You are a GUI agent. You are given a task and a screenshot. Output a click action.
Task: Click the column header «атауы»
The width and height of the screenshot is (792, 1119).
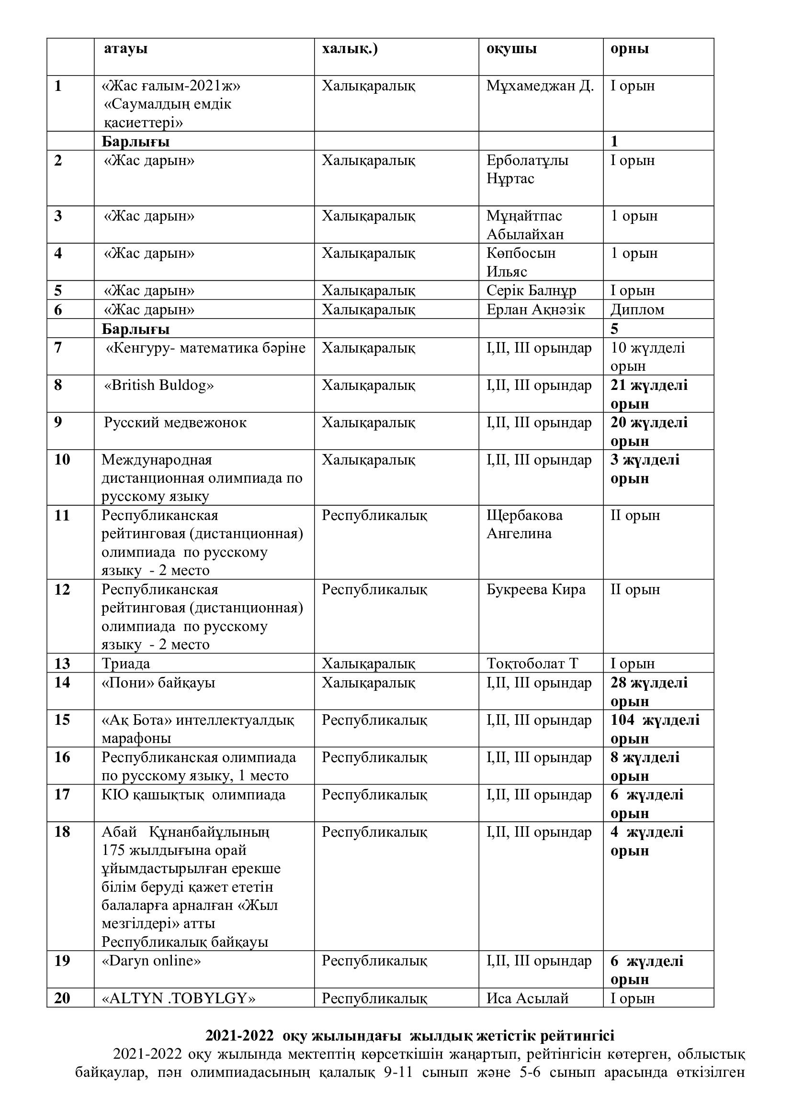tap(125, 49)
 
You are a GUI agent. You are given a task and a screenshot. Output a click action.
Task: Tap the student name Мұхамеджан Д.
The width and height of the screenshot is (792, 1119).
tap(540, 86)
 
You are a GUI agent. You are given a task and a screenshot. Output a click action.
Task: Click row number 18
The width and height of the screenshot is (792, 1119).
tap(62, 832)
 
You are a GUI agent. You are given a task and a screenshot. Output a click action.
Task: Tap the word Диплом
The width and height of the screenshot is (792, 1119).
tap(637, 310)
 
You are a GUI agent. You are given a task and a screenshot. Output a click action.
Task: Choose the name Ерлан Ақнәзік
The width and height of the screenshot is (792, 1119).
tap(535, 310)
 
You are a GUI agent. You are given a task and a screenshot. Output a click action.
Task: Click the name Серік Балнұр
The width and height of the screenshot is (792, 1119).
tap(531, 290)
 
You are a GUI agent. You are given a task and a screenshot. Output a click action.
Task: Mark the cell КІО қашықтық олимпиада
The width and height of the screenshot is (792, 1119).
tap(193, 795)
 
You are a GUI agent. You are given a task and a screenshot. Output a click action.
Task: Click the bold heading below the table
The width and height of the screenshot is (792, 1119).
tap(410, 1036)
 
